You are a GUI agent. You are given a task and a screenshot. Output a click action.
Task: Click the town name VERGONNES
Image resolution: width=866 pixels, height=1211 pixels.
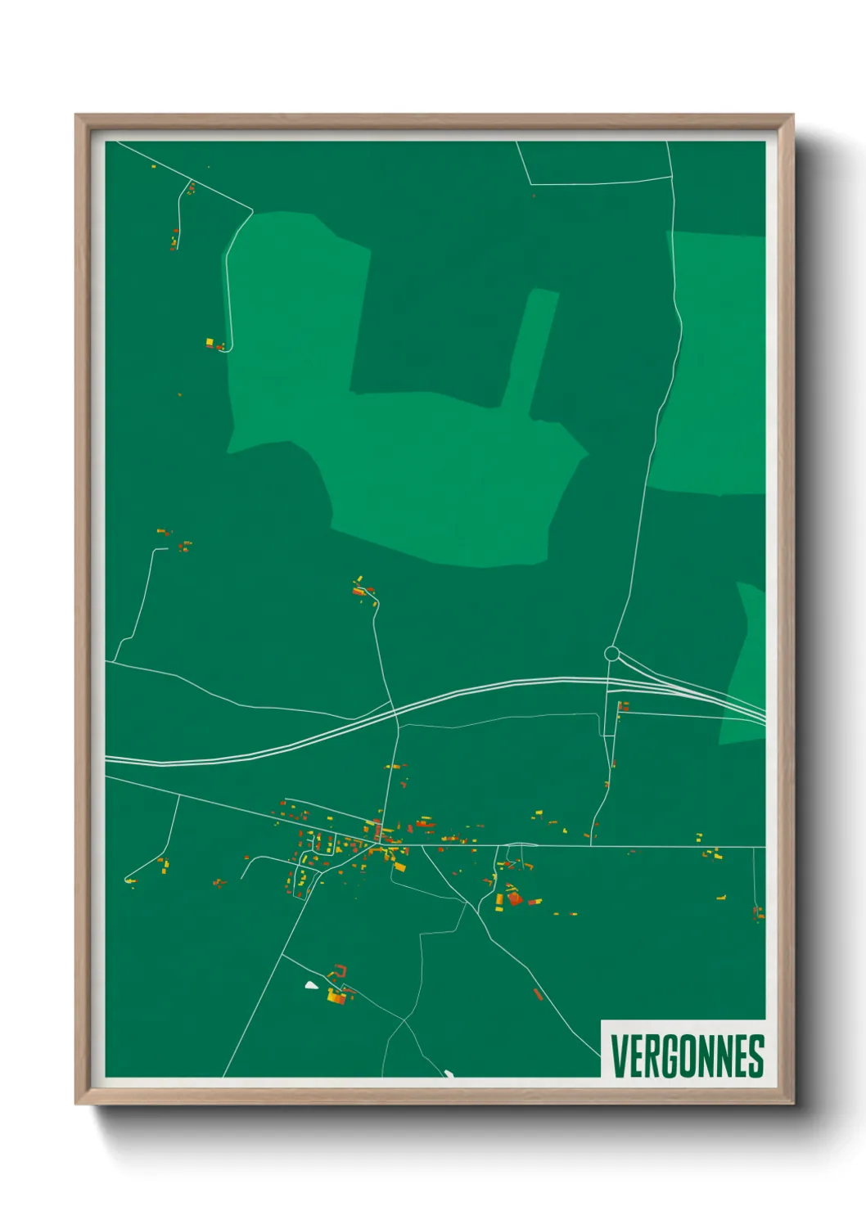[687, 1056]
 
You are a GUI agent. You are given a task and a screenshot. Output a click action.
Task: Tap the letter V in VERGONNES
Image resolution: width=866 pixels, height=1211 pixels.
[619, 1056]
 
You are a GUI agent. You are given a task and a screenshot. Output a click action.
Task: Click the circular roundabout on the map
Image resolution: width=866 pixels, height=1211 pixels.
[611, 654]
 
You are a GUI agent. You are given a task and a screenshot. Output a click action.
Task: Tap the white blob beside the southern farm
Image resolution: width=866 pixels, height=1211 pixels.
[311, 984]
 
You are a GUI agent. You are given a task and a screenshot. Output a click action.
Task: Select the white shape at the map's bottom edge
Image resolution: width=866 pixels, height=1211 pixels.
[449, 1072]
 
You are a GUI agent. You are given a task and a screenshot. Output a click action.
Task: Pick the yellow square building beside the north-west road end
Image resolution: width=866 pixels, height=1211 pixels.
[210, 341]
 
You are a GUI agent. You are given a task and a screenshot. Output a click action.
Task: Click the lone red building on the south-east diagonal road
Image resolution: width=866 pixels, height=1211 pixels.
[538, 994]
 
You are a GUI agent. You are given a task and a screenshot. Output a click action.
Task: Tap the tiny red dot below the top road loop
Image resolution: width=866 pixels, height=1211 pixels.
[534, 196]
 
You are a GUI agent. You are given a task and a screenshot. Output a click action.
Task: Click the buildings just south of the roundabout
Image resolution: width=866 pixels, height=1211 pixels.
[623, 706]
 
